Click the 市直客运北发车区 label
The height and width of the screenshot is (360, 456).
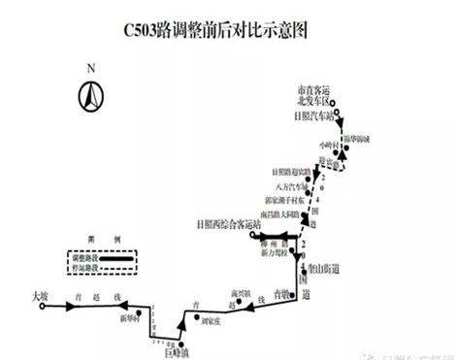tap(312, 95)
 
